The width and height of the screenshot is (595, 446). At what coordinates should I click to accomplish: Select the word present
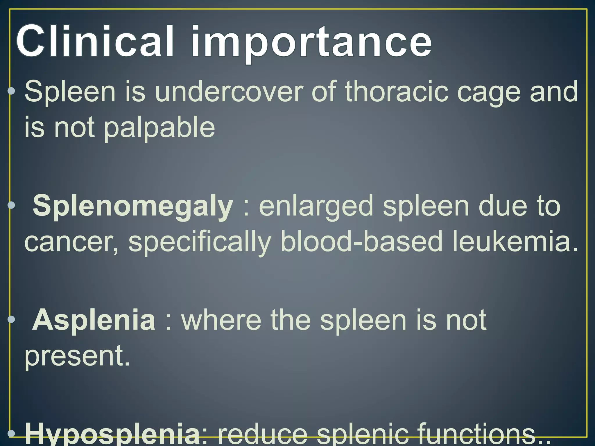pos(77,357)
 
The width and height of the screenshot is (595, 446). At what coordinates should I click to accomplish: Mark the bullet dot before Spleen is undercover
pos(11,91)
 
